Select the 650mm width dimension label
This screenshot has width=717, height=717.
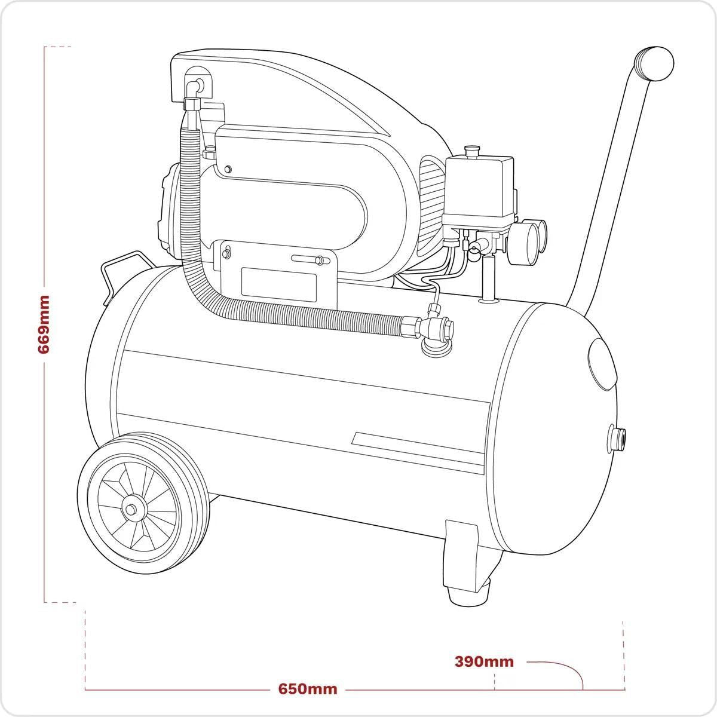coord(308,689)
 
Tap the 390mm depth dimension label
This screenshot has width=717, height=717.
coord(484,661)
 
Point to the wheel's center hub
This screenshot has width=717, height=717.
coord(130,510)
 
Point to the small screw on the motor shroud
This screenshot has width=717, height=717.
coord(227,170)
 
